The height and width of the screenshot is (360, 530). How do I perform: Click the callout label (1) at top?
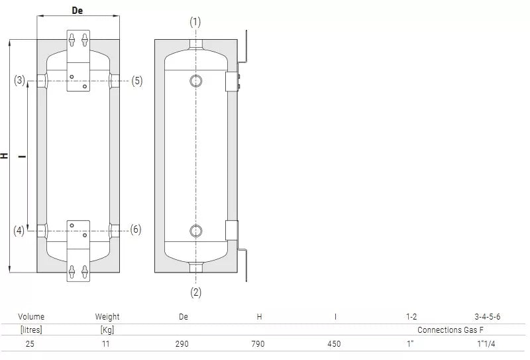click(x=195, y=22)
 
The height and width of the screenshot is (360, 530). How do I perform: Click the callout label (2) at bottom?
click(x=195, y=292)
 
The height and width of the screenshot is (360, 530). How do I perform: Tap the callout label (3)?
click(x=20, y=80)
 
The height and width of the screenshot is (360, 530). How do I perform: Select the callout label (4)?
click(x=19, y=231)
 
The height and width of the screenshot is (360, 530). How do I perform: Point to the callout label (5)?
click(x=137, y=81)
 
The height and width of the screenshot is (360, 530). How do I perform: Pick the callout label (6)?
click(x=136, y=229)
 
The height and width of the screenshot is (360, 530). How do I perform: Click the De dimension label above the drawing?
click(x=78, y=11)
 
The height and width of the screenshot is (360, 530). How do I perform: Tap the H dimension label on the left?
click(x=4, y=156)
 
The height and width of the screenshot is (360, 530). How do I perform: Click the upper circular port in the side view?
click(x=196, y=81)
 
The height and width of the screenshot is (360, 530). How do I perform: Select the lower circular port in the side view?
click(x=196, y=231)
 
